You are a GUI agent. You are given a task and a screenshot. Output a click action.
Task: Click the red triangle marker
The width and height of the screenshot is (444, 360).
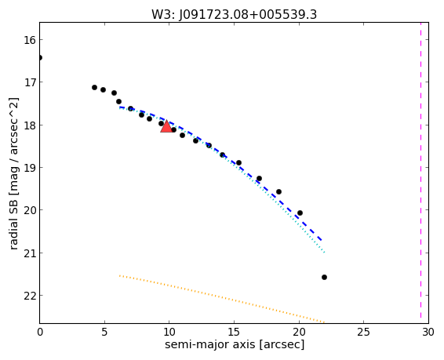tap(166, 127)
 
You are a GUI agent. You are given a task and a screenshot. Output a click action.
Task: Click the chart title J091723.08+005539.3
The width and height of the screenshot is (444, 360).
tap(234, 14)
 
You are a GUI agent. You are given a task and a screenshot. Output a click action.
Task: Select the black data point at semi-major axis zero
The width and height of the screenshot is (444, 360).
tap(40, 58)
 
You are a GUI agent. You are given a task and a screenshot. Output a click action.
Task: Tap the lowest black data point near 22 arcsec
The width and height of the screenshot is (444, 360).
tap(324, 277)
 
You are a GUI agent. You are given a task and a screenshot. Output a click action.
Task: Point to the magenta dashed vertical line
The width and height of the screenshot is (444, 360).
tap(420, 173)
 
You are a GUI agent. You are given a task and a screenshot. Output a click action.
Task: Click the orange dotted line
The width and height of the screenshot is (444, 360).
tap(222, 299)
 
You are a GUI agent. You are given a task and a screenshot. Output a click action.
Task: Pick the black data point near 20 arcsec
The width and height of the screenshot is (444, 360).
tap(300, 213)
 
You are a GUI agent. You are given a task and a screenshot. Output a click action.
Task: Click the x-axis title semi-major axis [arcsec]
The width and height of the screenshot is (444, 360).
tap(235, 344)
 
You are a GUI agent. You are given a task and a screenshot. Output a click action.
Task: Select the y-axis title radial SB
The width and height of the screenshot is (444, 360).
tap(14, 173)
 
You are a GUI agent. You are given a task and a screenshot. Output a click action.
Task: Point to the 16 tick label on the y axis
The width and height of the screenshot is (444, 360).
tap(30, 40)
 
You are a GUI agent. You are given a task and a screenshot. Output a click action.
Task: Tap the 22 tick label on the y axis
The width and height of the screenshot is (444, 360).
tap(30, 296)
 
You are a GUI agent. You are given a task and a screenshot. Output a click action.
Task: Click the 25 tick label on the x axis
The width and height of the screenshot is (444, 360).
tap(363, 332)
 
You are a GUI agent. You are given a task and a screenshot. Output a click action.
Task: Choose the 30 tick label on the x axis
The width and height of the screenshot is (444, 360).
tap(428, 332)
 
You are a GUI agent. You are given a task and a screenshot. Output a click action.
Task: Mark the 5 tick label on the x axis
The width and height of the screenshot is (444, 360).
tap(104, 332)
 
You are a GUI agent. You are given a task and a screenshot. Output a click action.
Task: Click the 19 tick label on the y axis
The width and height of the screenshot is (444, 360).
tap(30, 168)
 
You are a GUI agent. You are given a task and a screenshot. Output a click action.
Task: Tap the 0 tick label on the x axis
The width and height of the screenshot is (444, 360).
tap(40, 332)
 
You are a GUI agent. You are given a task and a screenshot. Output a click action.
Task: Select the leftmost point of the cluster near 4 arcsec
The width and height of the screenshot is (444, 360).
tap(94, 88)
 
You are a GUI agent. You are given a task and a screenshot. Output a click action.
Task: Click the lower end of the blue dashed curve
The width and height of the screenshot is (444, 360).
tap(322, 241)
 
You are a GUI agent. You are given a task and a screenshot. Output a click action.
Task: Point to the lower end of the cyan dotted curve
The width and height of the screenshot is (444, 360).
tap(324, 253)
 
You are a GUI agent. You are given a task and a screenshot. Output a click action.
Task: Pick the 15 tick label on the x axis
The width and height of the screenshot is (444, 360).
tap(235, 332)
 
